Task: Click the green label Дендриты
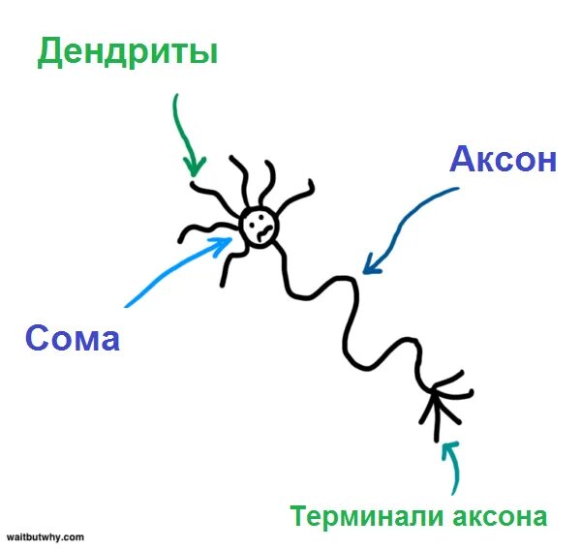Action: pyautogui.click(x=127, y=53)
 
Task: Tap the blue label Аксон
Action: pyautogui.click(x=503, y=161)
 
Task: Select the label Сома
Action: pyautogui.click(x=73, y=338)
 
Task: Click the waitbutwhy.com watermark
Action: pyautogui.click(x=46, y=535)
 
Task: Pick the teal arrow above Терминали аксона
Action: pyautogui.click(x=454, y=469)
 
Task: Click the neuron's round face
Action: pyautogui.click(x=259, y=227)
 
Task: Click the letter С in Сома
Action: pyautogui.click(x=36, y=338)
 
